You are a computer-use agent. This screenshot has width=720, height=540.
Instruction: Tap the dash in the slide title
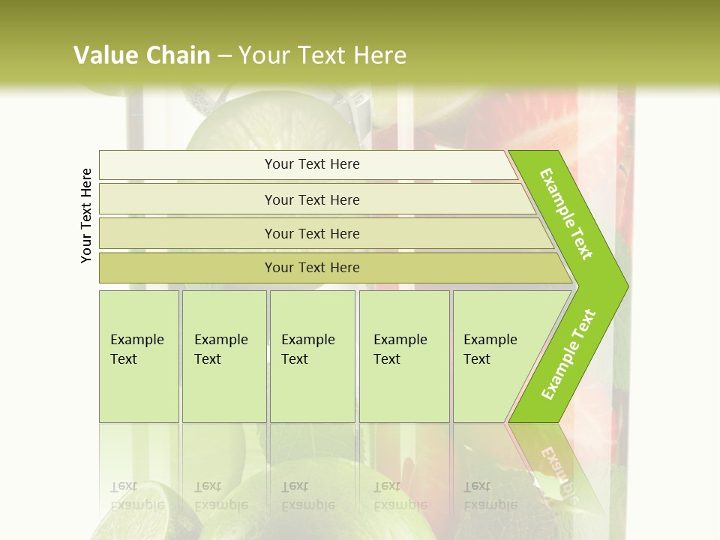[224, 56]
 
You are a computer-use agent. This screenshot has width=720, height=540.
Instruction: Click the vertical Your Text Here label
[86, 215]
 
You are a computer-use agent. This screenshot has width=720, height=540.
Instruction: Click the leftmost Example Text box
[139, 355]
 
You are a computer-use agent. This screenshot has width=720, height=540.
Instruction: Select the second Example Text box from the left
[223, 355]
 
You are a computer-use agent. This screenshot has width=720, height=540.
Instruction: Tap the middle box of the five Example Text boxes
[312, 355]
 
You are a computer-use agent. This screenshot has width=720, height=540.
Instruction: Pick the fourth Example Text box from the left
[404, 355]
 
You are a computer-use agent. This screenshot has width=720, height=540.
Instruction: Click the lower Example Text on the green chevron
[568, 354]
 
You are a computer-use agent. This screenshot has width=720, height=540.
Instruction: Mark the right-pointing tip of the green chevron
[626, 286]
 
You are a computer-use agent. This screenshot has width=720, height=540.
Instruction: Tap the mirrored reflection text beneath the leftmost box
[137, 496]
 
